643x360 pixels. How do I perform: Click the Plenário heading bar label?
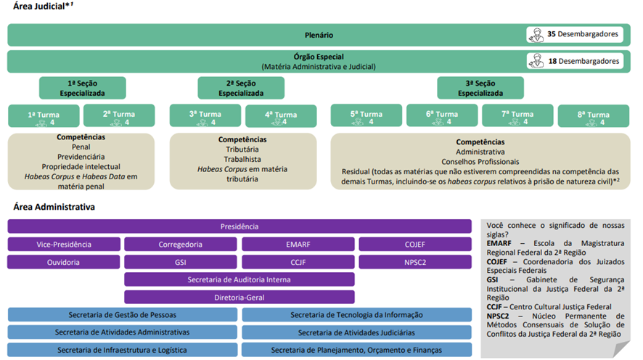pos(319,36)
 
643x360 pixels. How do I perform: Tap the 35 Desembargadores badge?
pos(575,34)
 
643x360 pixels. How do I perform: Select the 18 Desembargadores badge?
pos(575,61)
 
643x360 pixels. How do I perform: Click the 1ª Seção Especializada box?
pos(83,88)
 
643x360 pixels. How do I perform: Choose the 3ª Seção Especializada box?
pos(480,88)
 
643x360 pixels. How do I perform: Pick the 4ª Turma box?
pos(281,116)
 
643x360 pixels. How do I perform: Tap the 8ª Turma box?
pos(594,116)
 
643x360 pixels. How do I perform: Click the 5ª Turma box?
pos(366,115)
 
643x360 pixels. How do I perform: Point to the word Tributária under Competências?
pos(242,150)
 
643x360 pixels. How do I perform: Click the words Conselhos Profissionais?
pos(480,162)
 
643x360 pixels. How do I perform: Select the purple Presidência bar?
pos(239,226)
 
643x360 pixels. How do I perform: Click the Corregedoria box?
pos(181,245)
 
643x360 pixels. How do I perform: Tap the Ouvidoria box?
pos(64,262)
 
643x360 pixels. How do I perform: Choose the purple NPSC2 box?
pos(415,262)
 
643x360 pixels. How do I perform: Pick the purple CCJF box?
pos(298,262)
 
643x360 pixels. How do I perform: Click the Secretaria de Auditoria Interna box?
pos(239,279)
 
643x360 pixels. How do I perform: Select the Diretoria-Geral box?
pos(239,298)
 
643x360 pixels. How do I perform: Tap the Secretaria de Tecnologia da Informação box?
pos(357,315)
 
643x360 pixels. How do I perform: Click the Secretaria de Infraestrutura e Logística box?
pos(122,350)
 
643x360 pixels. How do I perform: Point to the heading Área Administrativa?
pos(54,207)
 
